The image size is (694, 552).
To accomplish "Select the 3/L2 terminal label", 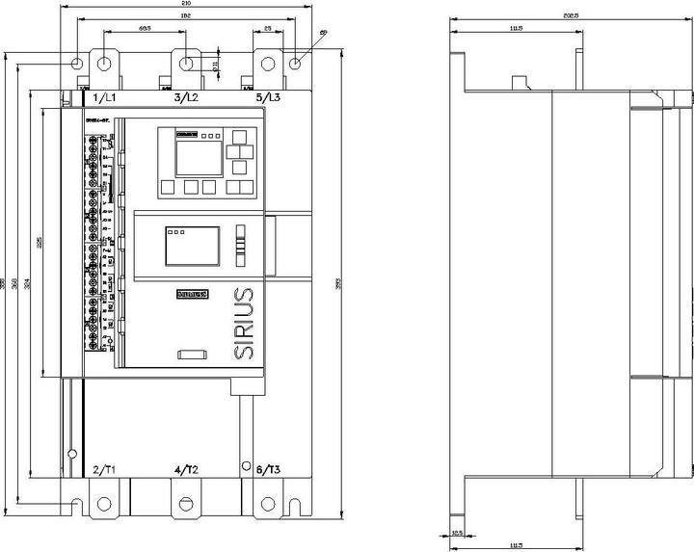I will tap(186, 98).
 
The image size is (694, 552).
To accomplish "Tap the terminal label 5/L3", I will tap(268, 98).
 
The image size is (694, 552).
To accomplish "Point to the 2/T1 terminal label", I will tap(103, 469).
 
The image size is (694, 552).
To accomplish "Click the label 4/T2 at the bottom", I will tap(186, 469).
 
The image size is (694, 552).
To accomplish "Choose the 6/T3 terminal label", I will tap(268, 469).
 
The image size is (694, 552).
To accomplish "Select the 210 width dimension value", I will tap(186, 4).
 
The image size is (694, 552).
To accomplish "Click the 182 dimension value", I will tap(186, 17).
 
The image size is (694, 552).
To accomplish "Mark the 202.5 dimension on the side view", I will tap(571, 15).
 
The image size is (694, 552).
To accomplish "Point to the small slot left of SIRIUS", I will tap(193, 355).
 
